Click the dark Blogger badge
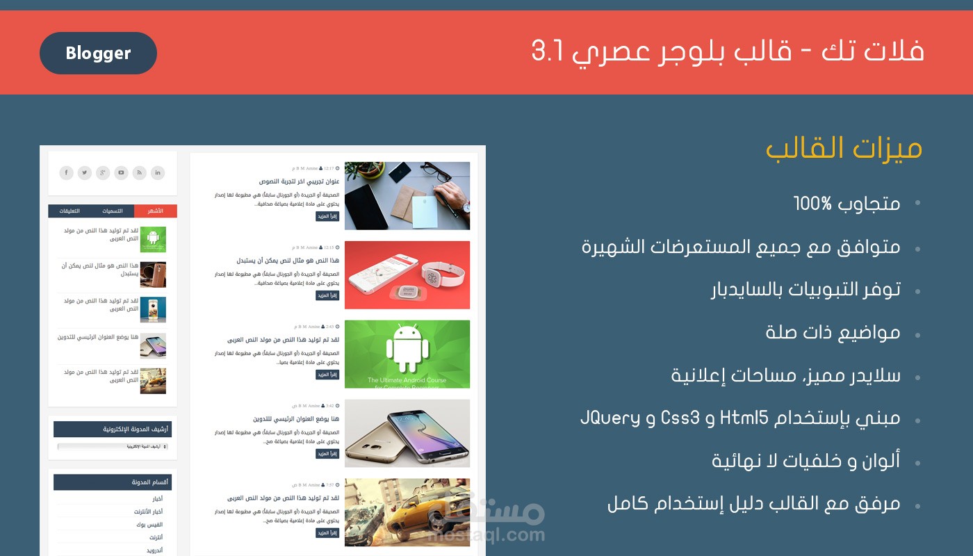coord(98,53)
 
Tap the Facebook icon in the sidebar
coord(66,172)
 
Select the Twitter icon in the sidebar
coord(85,172)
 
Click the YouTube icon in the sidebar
coord(122,172)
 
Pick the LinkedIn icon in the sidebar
coord(158,172)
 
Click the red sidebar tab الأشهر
coord(156,211)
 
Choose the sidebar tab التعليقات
coord(69,211)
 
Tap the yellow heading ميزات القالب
coord(844,149)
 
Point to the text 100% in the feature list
coord(812,204)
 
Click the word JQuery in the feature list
coord(611,418)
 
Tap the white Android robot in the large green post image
coord(408,347)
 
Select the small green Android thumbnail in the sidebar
coord(153,239)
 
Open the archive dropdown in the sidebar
coord(113,446)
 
